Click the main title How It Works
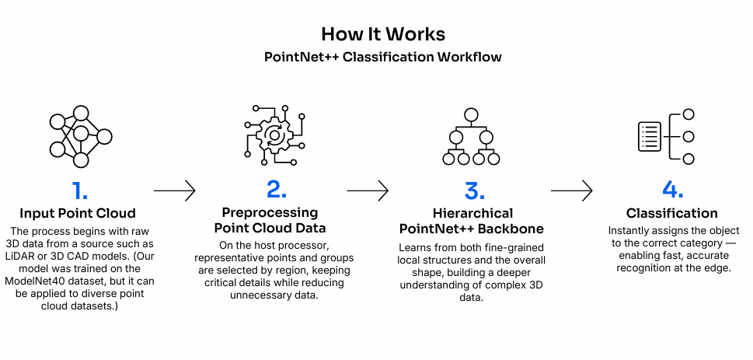click(x=383, y=35)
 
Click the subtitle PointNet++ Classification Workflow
click(x=383, y=58)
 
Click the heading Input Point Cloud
click(x=79, y=213)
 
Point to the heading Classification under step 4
click(x=671, y=213)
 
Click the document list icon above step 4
click(x=650, y=137)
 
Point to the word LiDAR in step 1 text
click(x=33, y=257)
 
